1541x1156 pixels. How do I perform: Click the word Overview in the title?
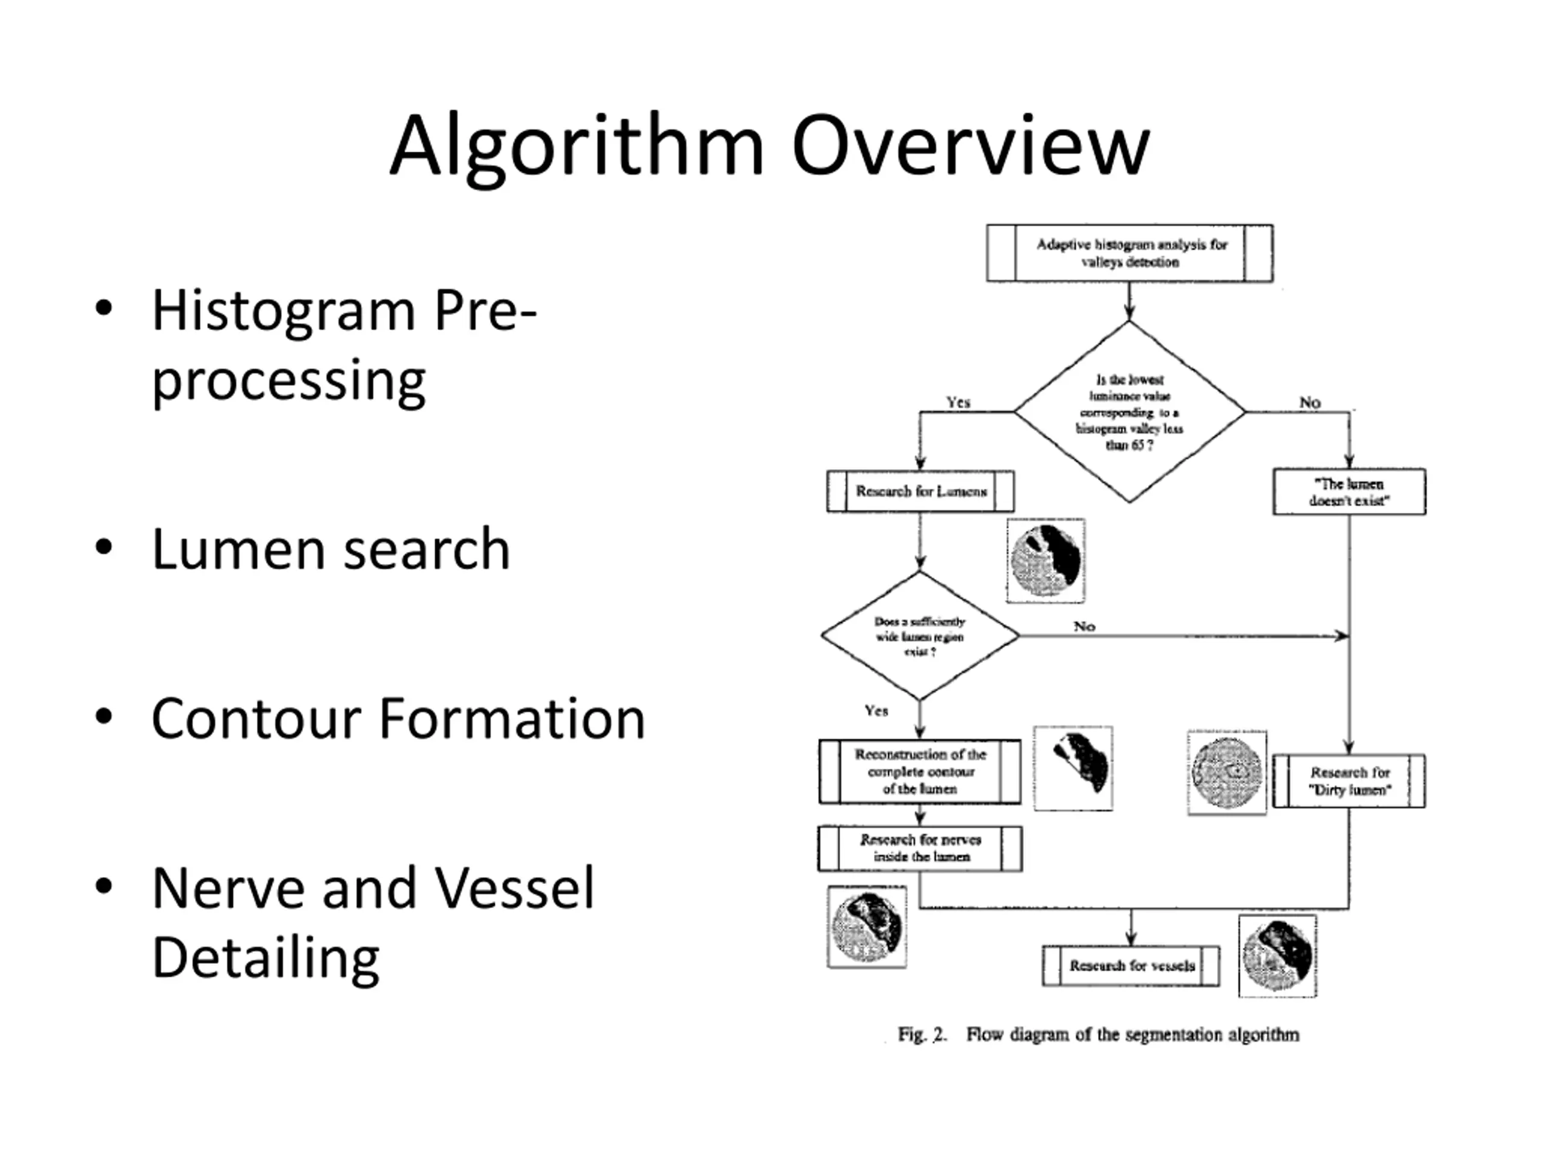tap(970, 146)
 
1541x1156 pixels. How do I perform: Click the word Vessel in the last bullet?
tap(514, 889)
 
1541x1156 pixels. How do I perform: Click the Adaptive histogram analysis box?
tap(1129, 253)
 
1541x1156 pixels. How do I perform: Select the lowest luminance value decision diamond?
tap(1129, 412)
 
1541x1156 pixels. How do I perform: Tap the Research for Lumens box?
tap(920, 491)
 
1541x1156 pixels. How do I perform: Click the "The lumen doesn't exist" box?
tap(1349, 492)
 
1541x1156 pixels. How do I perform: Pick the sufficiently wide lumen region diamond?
tap(920, 635)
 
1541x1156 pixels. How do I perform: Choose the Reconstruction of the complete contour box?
tap(920, 771)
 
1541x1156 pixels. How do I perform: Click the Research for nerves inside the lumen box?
tap(920, 848)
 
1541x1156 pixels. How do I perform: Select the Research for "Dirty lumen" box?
tap(1349, 781)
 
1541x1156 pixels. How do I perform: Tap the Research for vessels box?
tap(1130, 966)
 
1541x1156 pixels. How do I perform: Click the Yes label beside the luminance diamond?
tap(958, 402)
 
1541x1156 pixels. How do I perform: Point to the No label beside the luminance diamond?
tap(1310, 402)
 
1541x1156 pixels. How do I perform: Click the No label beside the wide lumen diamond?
tap(1084, 626)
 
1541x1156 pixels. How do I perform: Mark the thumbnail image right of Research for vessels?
tap(1277, 956)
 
